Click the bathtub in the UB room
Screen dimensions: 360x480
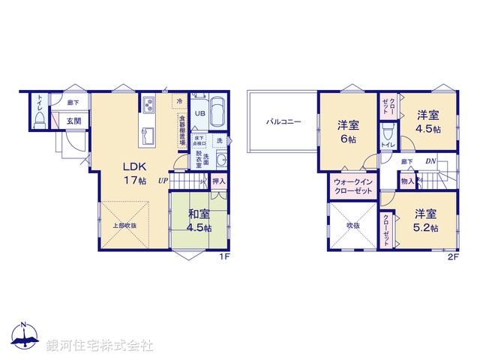pyautogui.click(x=217, y=113)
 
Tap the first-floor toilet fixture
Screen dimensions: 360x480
pyautogui.click(x=38, y=118)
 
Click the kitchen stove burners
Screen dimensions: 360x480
pyautogui.click(x=147, y=103)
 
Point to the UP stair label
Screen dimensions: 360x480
pyautogui.click(x=163, y=180)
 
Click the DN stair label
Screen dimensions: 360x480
pyautogui.click(x=431, y=161)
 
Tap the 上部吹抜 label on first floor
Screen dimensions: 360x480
pyautogui.click(x=124, y=224)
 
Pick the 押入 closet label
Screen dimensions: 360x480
pyautogui.click(x=218, y=181)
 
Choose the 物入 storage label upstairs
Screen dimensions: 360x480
pyautogui.click(x=407, y=181)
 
